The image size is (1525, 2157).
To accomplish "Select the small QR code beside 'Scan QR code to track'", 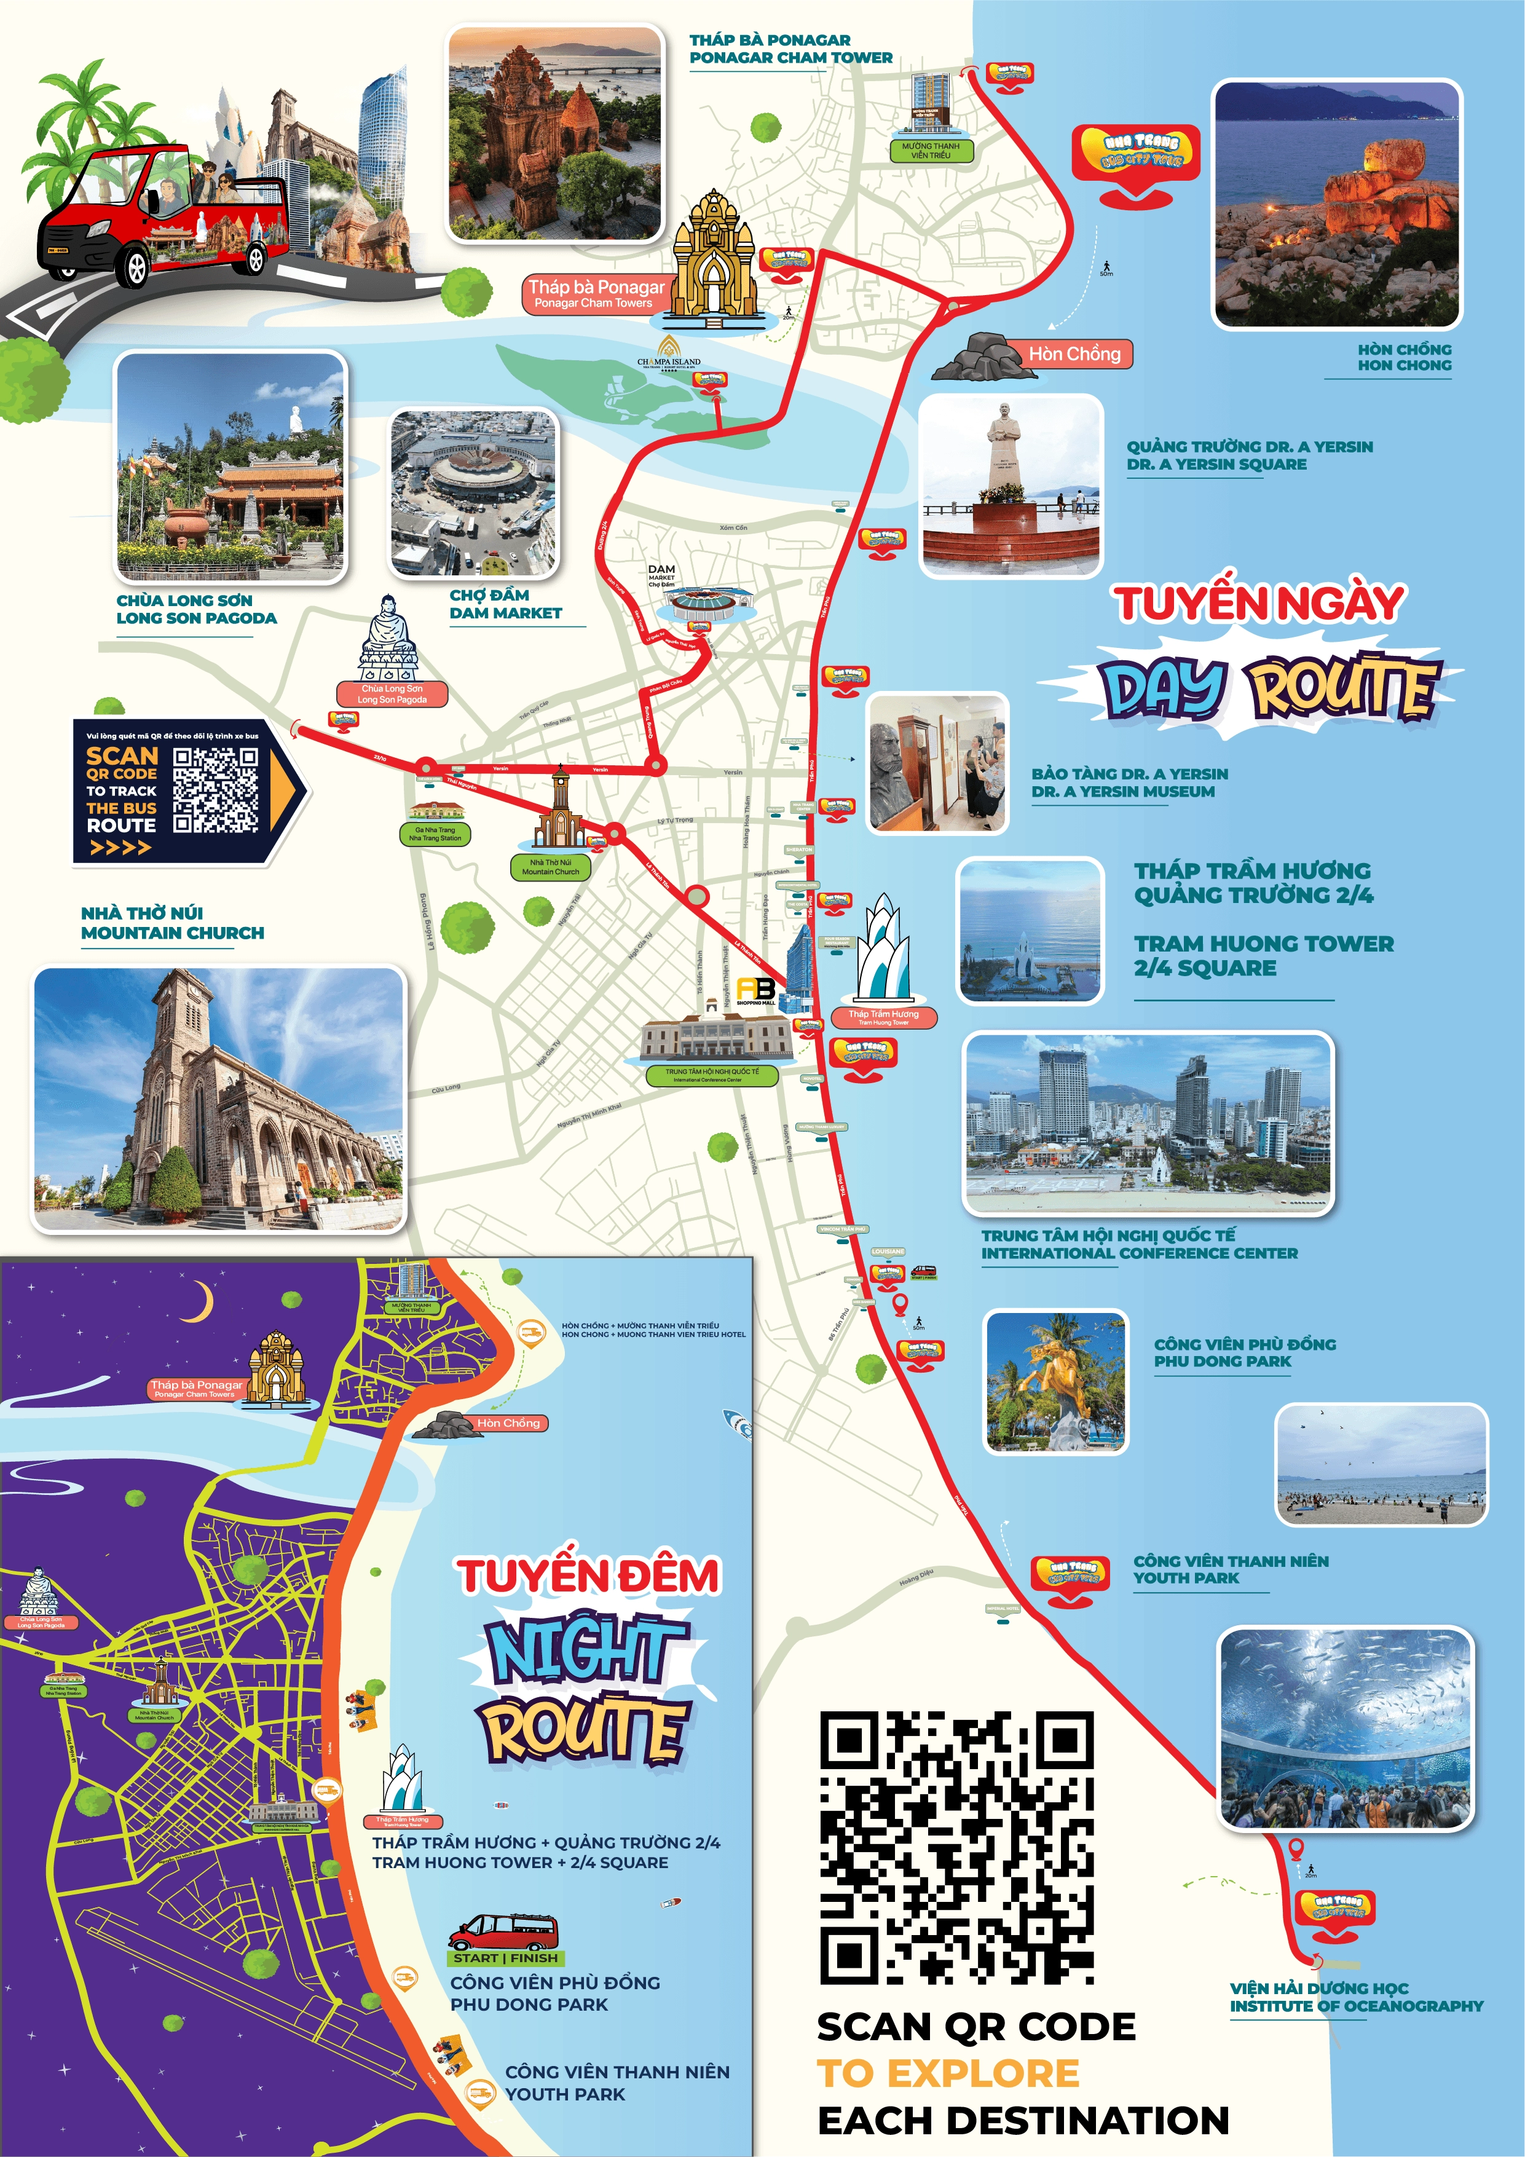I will click(x=215, y=790).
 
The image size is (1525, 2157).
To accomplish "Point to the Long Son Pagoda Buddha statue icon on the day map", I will click(x=389, y=638).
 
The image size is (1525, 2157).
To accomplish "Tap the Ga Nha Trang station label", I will click(x=435, y=834).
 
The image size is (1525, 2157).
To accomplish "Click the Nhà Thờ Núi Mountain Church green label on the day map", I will click(x=551, y=866).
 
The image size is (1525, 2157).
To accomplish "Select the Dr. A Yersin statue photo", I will click(x=1010, y=485).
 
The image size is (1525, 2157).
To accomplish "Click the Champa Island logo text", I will click(x=668, y=361).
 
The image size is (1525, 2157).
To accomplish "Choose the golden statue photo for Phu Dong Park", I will click(x=1055, y=1382).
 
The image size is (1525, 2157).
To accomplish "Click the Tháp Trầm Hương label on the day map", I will click(x=883, y=1017).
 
